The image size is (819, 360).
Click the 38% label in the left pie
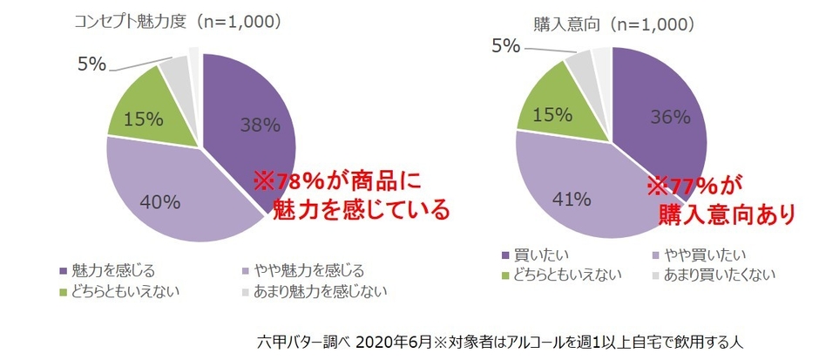[260, 125]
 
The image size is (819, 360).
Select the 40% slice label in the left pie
[159, 203]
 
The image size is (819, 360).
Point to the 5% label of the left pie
[91, 64]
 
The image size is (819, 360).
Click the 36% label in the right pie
[669, 116]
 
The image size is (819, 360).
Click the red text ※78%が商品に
[336, 181]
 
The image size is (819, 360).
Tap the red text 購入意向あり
[726, 213]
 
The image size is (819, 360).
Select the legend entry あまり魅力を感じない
[318, 291]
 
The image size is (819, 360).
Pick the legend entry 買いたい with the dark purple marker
[541, 254]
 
